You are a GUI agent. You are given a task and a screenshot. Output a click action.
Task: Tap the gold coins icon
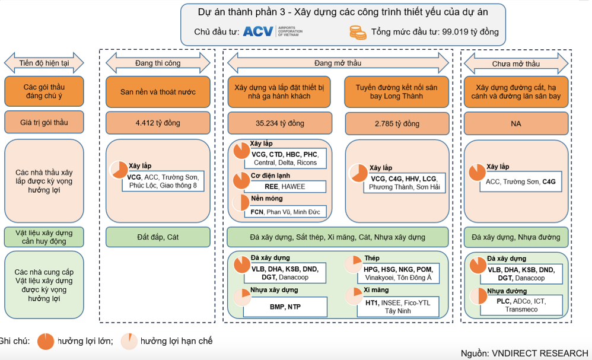click(357, 31)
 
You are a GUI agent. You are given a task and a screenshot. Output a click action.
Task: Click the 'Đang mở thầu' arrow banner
click(338, 62)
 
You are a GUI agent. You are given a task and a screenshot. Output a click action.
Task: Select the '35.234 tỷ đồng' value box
click(278, 123)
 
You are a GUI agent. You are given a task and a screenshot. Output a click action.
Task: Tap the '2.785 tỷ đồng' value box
click(396, 123)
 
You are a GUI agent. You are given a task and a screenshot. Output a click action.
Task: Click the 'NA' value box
click(515, 123)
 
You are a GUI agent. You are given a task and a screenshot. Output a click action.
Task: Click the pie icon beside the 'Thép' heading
click(354, 260)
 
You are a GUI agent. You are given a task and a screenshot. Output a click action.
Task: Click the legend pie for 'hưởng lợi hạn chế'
click(129, 341)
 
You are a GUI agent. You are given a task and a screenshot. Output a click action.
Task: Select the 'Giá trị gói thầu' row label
click(44, 123)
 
